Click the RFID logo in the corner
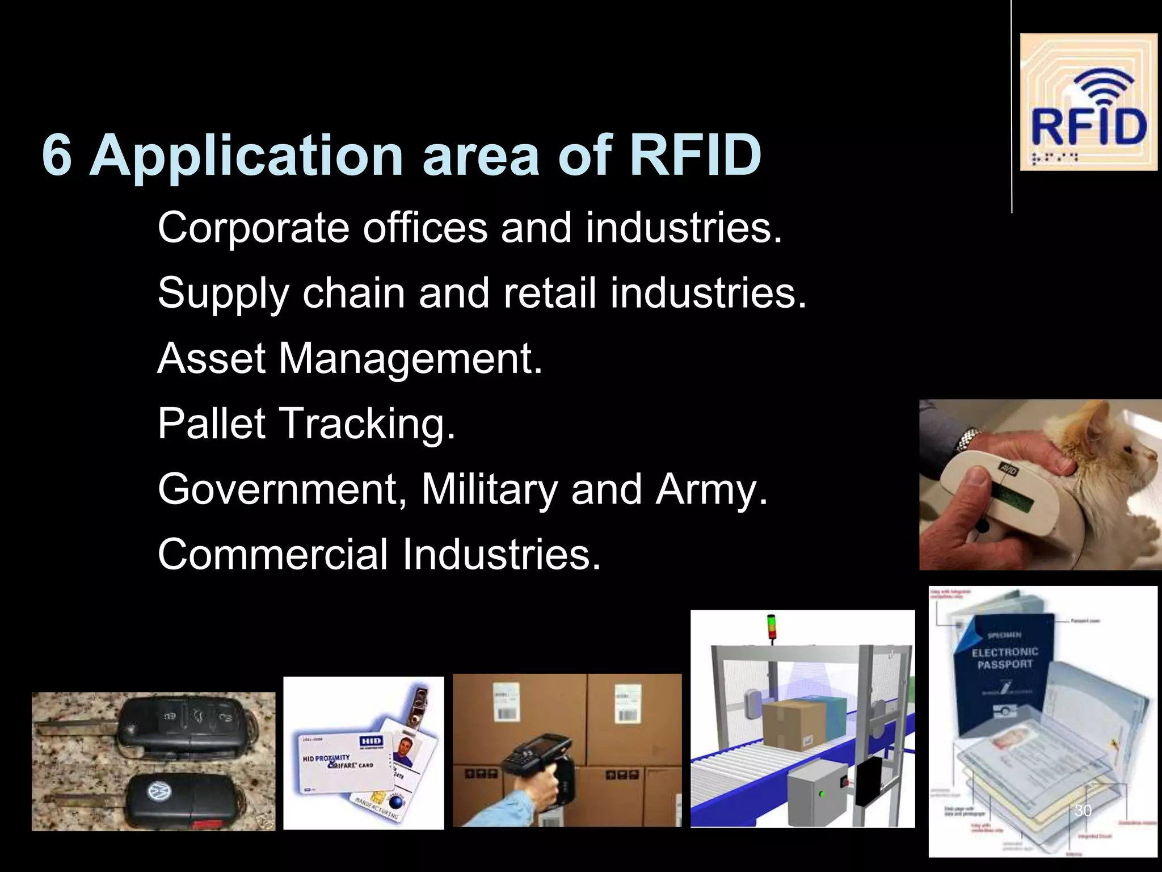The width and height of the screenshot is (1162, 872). pos(1088,102)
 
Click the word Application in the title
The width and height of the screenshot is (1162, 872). pos(246,155)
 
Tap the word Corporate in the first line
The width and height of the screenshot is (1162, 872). pos(253,228)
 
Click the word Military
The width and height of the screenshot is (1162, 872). pos(489,489)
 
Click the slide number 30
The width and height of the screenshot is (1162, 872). pos(1083,811)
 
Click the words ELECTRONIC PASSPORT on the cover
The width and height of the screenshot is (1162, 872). pos(1005,658)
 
